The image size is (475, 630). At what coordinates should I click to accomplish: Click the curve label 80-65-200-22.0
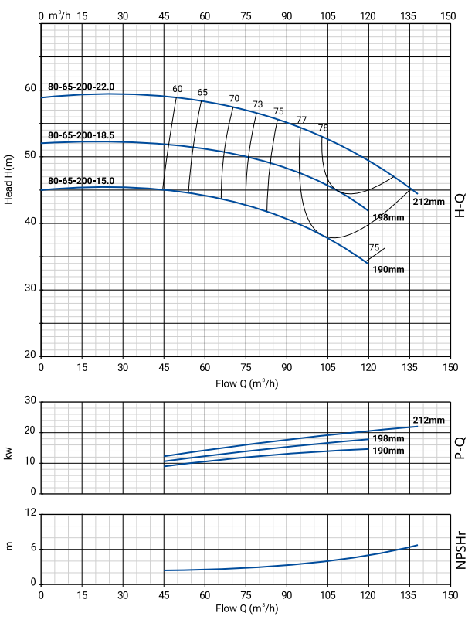(81, 87)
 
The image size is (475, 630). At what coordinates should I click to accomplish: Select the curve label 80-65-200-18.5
(81, 135)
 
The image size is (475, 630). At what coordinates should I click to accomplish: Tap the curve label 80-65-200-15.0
(81, 182)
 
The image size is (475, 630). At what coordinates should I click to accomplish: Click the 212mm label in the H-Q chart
(429, 202)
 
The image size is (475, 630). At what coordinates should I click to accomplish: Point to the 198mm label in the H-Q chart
(388, 217)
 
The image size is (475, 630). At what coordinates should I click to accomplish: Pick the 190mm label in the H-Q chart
(388, 270)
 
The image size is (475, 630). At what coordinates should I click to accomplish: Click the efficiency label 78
(323, 128)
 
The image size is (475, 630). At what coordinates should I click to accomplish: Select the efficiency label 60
(178, 89)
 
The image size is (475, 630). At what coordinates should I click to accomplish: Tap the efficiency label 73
(258, 104)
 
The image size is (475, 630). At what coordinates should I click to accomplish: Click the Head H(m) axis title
(9, 179)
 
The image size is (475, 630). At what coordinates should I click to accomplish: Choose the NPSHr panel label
(460, 548)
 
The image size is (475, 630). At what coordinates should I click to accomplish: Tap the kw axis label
(9, 453)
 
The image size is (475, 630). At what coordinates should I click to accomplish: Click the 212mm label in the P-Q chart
(429, 421)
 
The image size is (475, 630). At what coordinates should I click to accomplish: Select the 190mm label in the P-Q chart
(388, 450)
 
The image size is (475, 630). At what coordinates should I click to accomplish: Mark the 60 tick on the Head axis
(30, 89)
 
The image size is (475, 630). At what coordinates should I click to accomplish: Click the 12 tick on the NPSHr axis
(31, 513)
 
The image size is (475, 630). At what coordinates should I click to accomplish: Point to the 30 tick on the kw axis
(31, 401)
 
